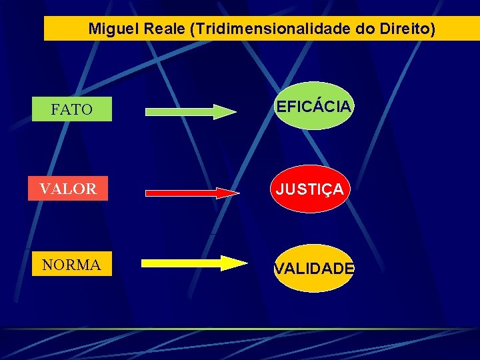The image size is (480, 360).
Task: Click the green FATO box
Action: (72, 109)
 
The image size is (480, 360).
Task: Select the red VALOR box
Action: (68, 189)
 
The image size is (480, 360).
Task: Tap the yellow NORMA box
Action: (71, 265)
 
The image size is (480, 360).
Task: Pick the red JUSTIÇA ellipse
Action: (310, 189)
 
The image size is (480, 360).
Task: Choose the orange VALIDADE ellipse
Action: (314, 268)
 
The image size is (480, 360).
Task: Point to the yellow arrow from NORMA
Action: (193, 263)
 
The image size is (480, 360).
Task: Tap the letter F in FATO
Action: (55, 109)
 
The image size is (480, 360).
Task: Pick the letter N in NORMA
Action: (47, 265)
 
